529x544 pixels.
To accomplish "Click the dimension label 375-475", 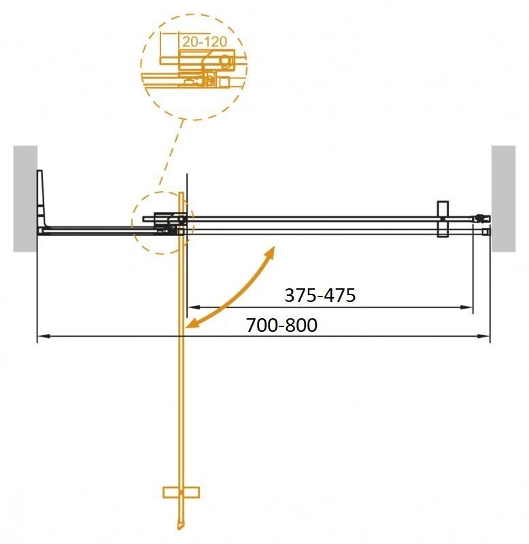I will (320, 296).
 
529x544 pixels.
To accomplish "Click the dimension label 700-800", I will (281, 326).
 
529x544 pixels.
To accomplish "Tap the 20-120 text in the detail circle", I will (203, 41).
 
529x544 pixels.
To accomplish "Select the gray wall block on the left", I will (25, 198).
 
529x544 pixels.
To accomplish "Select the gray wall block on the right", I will (504, 198).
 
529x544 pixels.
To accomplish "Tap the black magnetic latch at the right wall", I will (482, 219).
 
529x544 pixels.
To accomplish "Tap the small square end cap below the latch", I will (485, 232).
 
